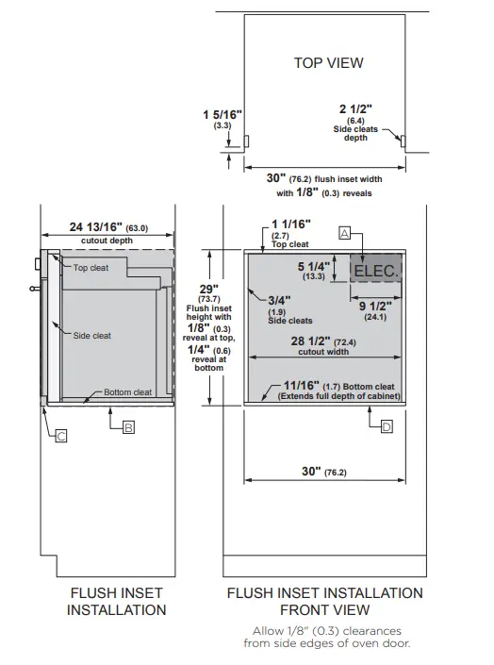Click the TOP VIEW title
(x=328, y=63)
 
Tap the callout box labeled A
(x=344, y=232)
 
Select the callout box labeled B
(x=128, y=427)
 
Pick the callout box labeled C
(x=59, y=436)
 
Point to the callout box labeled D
(x=387, y=427)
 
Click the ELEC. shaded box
(x=376, y=271)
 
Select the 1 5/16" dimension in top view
(x=222, y=114)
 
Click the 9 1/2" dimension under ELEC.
(x=375, y=306)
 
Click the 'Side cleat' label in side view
(x=92, y=335)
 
